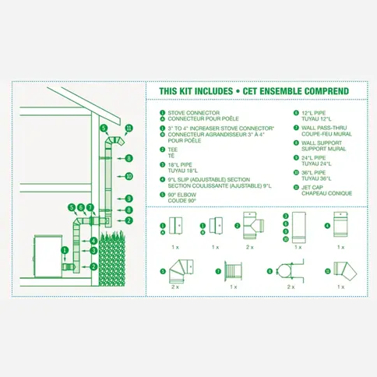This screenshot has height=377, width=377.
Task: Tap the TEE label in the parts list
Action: (171, 148)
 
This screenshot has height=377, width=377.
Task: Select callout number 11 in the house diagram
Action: (129, 127)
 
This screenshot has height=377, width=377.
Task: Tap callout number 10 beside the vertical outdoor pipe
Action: (129, 177)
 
